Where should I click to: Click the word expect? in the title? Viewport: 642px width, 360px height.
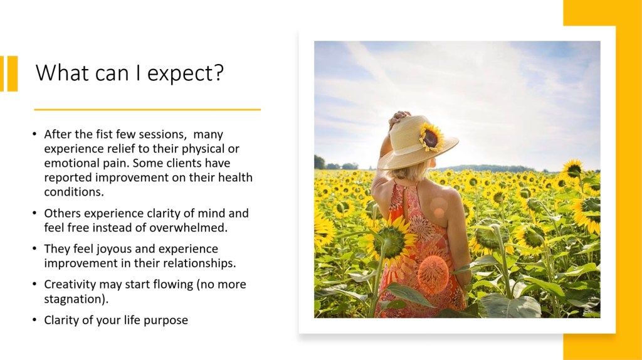[186, 74]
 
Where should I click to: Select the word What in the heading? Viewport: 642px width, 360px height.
[61, 72]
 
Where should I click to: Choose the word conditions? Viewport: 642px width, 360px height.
[74, 192]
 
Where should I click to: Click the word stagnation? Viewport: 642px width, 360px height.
[76, 299]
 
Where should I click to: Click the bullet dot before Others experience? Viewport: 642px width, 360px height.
[35, 213]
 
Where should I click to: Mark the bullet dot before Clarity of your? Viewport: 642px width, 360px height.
[35, 320]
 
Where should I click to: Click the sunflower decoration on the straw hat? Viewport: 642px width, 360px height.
[431, 137]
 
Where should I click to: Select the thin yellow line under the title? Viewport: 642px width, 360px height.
[147, 109]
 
